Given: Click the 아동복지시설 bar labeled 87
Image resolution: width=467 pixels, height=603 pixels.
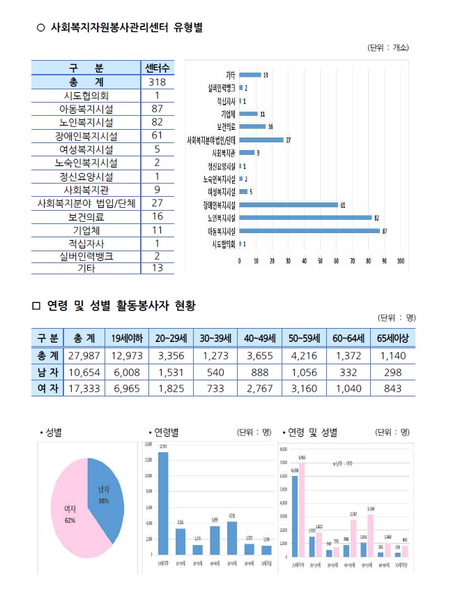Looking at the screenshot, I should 309,230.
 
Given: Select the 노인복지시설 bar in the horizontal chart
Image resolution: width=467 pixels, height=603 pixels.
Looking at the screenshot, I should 305,217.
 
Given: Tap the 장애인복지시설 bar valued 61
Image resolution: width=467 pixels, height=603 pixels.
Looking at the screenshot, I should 289,204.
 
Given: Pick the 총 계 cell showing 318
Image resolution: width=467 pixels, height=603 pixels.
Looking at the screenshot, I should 158,82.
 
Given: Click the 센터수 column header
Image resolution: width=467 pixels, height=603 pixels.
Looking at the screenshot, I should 158,68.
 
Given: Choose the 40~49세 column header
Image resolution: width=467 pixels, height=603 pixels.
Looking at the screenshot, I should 259,338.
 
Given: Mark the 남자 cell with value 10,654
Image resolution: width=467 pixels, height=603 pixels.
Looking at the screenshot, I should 86,371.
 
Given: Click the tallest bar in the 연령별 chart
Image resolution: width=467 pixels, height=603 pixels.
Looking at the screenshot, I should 162,502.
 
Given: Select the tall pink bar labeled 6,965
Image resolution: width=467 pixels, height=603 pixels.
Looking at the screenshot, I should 302,509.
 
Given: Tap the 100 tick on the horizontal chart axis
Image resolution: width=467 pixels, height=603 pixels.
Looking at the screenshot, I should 401,260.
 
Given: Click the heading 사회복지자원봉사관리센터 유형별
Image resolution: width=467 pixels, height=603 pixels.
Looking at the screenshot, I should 125,28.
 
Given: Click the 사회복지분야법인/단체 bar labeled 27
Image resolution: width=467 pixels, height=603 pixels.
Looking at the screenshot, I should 261,140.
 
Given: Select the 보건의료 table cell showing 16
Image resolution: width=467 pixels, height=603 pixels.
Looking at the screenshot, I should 158,216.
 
